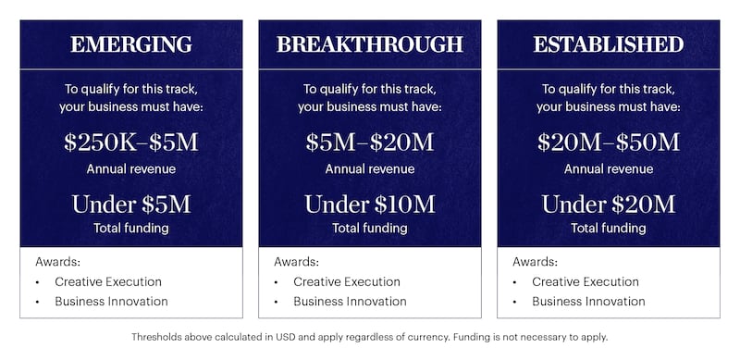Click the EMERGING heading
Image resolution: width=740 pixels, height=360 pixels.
tap(131, 44)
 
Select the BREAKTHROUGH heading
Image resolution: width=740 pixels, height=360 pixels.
tap(370, 44)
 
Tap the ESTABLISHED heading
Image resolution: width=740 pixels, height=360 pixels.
tap(609, 44)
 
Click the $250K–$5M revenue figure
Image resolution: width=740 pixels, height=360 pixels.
tap(131, 143)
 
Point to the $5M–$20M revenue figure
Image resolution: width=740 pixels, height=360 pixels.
tap(370, 143)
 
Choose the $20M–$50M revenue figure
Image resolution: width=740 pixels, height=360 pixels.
tap(609, 143)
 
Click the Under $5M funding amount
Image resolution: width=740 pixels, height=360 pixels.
tap(131, 204)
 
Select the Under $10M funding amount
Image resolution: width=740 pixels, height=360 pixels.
tap(370, 204)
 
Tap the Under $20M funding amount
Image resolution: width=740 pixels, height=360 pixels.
tap(609, 204)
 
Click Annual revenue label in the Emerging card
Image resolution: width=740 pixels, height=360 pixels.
tap(131, 168)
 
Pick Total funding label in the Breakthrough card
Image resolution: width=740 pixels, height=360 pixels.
tap(370, 228)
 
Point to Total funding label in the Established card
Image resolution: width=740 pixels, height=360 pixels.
tap(609, 228)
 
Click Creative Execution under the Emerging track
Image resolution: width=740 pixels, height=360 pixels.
tap(108, 281)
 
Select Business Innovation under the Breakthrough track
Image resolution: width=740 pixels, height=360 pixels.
tap(351, 302)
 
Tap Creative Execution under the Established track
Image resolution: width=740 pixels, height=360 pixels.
tap(586, 281)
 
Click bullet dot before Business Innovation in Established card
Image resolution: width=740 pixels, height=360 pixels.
tap(514, 302)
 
